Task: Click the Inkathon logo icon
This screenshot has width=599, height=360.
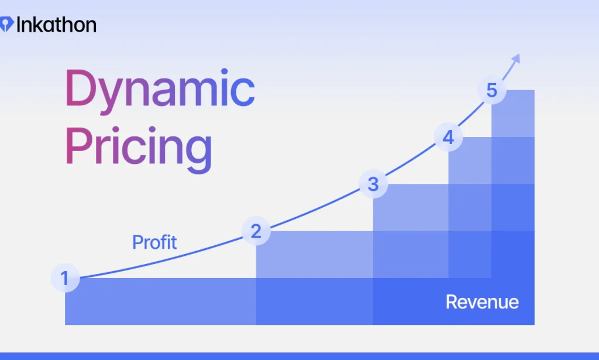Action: point(6,25)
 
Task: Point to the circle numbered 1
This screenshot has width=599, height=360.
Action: point(65,279)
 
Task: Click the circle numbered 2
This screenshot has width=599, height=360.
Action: point(256,232)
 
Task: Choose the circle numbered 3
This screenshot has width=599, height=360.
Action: point(373,184)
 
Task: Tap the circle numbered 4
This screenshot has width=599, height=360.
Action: point(448,138)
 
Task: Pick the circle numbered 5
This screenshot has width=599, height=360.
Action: point(491,91)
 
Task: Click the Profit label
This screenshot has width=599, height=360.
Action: point(154,242)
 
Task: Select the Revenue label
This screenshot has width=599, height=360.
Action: point(482,302)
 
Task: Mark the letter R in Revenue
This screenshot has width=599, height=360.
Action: point(452,302)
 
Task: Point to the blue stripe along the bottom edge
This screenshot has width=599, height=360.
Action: point(299,356)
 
